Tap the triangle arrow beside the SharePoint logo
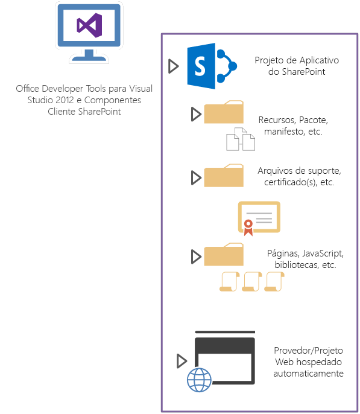[x=174, y=66]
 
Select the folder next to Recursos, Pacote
[x=224, y=113]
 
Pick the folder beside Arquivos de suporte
[x=224, y=176]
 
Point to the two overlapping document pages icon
[x=240, y=139]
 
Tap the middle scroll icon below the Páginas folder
[x=251, y=281]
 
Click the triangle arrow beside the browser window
[x=182, y=361]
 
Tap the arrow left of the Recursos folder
[x=195, y=113]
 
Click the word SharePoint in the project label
[x=309, y=72]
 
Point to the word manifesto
[x=286, y=131]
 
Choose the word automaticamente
[x=308, y=374]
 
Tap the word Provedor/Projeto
[x=309, y=349]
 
